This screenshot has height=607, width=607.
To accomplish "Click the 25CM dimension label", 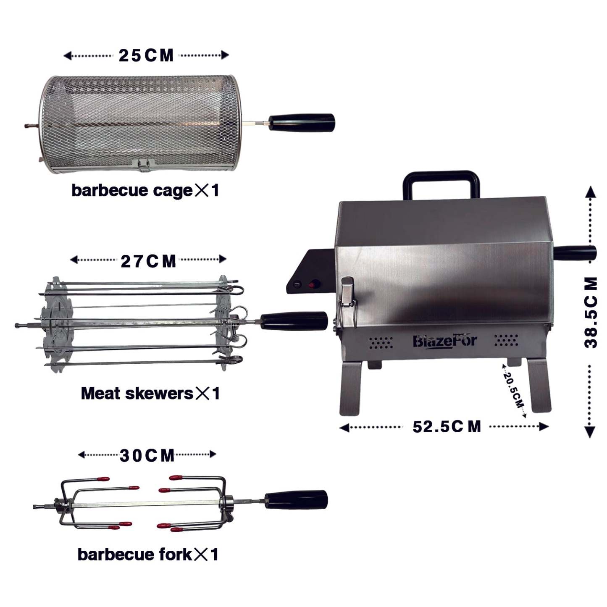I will pos(146,55).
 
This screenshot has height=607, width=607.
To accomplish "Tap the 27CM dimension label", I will pos(148,261).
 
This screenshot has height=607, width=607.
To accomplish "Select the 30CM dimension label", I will pos(147,455).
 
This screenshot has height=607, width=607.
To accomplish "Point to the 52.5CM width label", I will pos(447,427).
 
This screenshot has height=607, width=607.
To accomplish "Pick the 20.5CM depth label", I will pos(514,390).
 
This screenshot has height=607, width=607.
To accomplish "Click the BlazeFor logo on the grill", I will pos(444,341).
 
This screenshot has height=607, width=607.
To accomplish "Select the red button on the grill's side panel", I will pos(313,285).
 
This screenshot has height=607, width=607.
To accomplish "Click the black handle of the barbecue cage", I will pos(302,122).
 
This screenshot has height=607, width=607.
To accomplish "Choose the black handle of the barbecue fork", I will pos(296,499).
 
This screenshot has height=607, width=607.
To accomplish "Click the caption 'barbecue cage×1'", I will pos(145,190).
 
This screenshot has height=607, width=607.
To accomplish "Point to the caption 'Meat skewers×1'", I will pos(150,394).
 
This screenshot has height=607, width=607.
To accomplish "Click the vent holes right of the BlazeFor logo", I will pos(506,341).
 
